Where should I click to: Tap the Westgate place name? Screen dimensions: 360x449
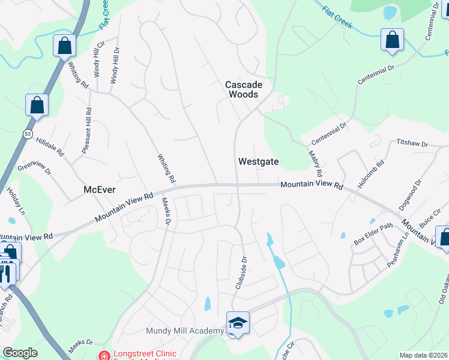point(258,161)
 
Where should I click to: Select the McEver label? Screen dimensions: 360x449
point(99,190)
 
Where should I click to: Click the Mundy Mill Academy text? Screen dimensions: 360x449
point(184,331)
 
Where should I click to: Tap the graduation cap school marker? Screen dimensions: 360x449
point(238,323)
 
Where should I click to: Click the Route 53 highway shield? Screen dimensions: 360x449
point(28,134)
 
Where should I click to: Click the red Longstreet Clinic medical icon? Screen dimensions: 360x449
point(104,355)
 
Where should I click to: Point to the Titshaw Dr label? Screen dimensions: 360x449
point(412,144)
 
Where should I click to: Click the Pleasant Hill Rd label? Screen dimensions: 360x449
point(87,131)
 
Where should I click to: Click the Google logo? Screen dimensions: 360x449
point(20,353)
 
